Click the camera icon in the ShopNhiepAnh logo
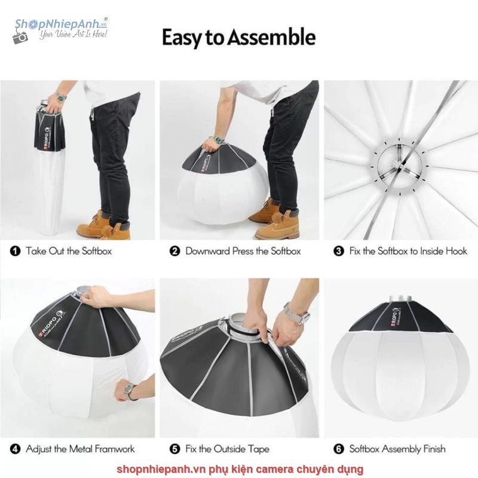[20, 38]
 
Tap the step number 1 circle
[16, 251]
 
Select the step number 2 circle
[174, 251]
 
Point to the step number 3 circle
[339, 251]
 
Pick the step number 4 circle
[16, 449]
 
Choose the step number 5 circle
[174, 449]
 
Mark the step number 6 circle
[339, 449]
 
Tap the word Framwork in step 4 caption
[115, 449]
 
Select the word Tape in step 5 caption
[259, 449]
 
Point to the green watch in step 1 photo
[62, 98]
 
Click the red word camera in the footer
[273, 469]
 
